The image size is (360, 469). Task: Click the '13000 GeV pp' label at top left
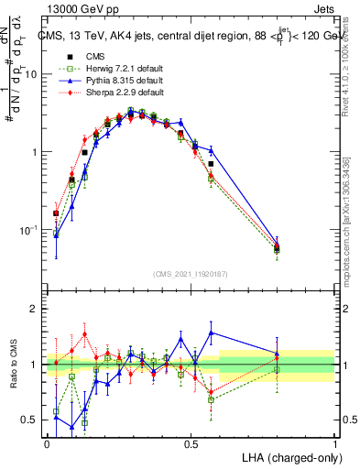(x=74, y=9)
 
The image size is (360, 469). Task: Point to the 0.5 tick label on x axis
(x=191, y=444)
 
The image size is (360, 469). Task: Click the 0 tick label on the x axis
(x=48, y=444)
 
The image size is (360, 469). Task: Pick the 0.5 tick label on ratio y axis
(x=32, y=420)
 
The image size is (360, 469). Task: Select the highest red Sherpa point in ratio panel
(x=85, y=333)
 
